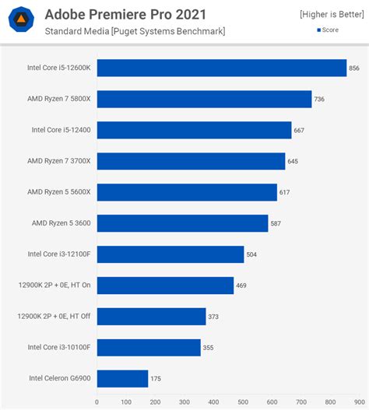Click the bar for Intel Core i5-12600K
click(222, 68)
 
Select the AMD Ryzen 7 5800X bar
click(204, 99)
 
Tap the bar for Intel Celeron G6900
click(122, 378)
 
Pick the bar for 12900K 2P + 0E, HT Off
click(151, 316)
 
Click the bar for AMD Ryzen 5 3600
click(182, 223)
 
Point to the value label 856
click(354, 68)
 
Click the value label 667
click(299, 131)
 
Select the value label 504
click(251, 254)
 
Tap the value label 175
click(156, 379)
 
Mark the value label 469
click(241, 286)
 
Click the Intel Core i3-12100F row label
click(59, 254)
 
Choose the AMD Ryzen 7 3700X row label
click(59, 161)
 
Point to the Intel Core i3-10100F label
click(59, 347)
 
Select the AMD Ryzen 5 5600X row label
click(59, 192)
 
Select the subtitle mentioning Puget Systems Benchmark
click(135, 31)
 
